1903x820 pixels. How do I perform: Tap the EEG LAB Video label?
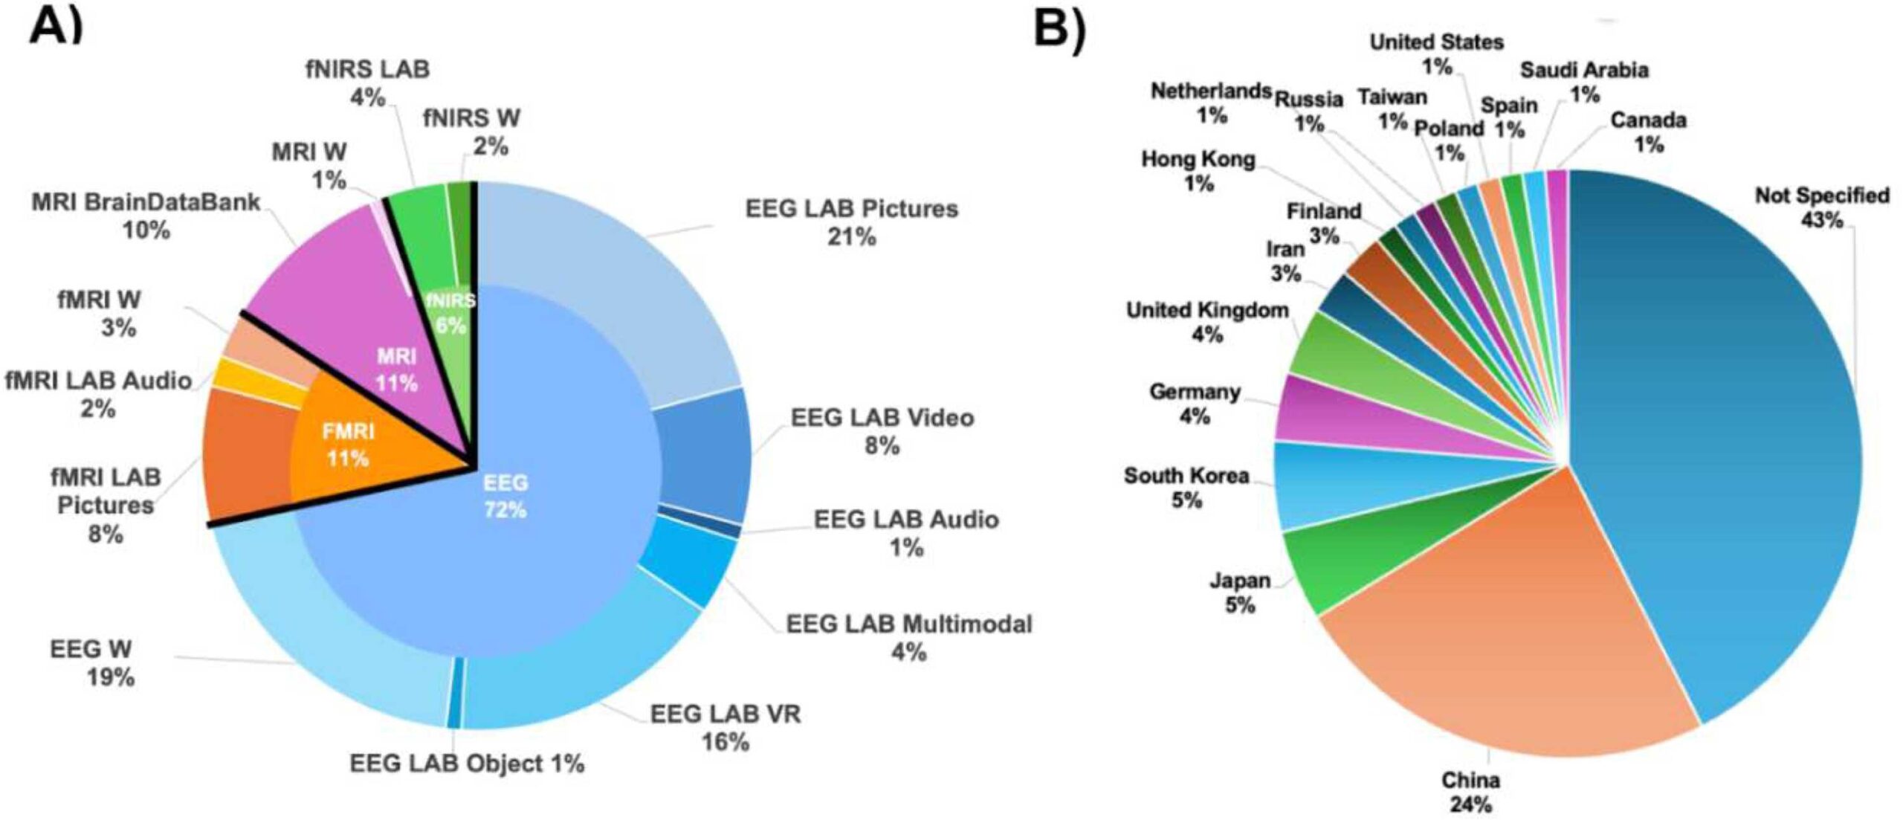pyautogui.click(x=882, y=431)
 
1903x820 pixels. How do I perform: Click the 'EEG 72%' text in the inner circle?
pyautogui.click(x=505, y=496)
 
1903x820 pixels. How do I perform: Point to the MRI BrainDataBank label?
pyautogui.click(x=146, y=216)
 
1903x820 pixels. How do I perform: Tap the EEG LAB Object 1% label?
pyautogui.click(x=467, y=763)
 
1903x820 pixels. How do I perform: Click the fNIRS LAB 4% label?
pyautogui.click(x=367, y=83)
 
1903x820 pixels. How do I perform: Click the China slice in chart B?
pyautogui.click(x=1502, y=632)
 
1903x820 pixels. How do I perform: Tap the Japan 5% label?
pyautogui.click(x=1240, y=592)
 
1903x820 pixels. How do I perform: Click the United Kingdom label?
pyautogui.click(x=1207, y=322)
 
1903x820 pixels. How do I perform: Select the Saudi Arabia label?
pyautogui.click(x=1584, y=82)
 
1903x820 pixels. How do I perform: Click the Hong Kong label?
pyautogui.click(x=1198, y=170)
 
